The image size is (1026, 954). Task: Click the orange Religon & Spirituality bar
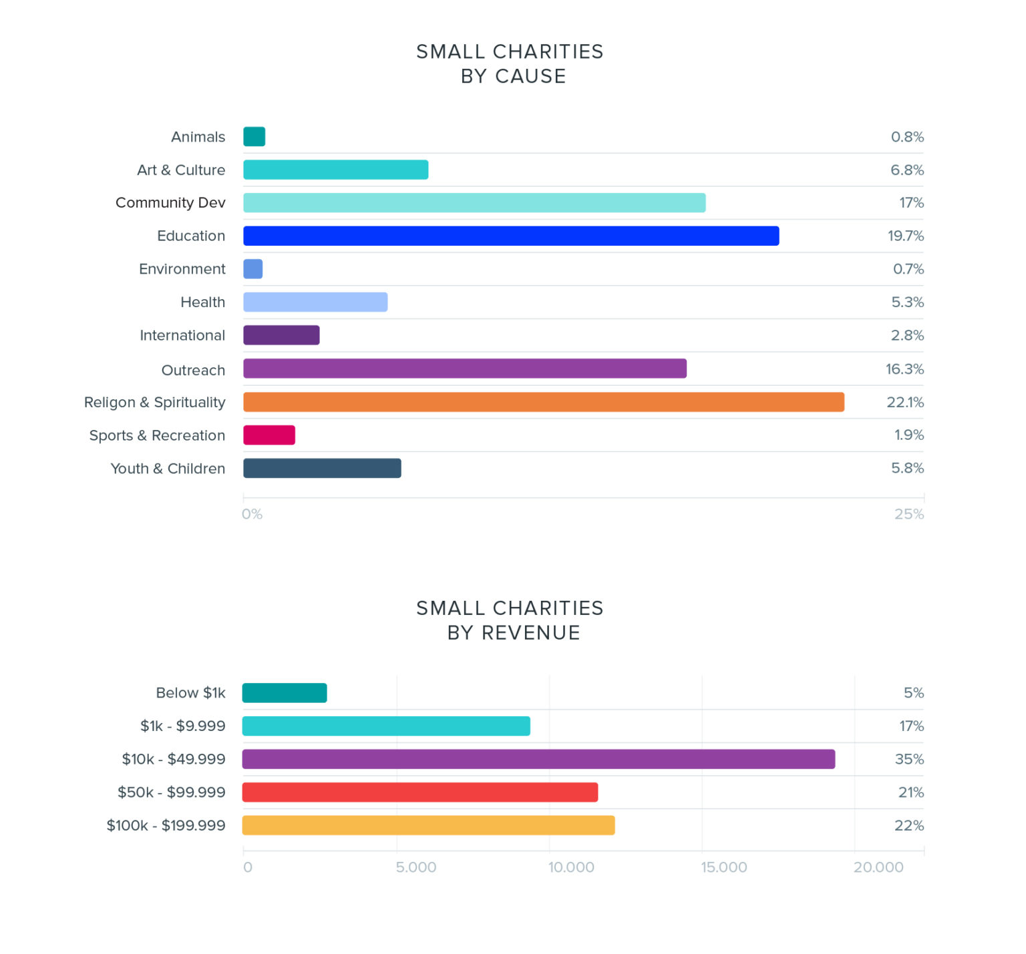point(543,402)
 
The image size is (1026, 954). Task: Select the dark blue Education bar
point(511,236)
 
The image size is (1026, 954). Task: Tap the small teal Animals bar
point(254,136)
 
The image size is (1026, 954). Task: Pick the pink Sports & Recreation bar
point(269,435)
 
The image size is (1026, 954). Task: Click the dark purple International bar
point(281,335)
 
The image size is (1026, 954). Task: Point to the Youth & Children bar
point(322,469)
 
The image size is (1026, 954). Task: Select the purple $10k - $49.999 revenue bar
point(538,759)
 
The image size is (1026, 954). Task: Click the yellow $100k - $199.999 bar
point(428,825)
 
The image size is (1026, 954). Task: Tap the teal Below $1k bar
point(285,693)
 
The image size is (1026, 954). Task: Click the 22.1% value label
point(905,402)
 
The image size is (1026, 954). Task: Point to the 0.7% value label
point(908,269)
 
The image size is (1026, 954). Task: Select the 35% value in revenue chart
point(909,759)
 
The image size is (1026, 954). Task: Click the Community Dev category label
point(170,202)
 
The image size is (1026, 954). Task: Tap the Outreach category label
point(193,370)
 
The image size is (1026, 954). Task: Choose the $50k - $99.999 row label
point(172,792)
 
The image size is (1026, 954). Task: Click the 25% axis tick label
point(909,514)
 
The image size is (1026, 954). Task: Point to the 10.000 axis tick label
point(571,867)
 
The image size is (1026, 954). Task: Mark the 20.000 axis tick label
point(878,867)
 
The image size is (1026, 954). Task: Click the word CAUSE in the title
point(530,76)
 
